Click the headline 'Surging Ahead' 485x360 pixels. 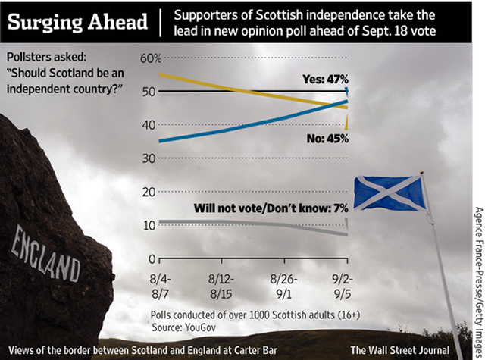coord(77,21)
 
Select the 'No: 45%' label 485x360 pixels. coord(321,138)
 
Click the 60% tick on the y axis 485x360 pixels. coord(151,58)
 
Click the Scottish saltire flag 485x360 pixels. coord(389,193)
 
